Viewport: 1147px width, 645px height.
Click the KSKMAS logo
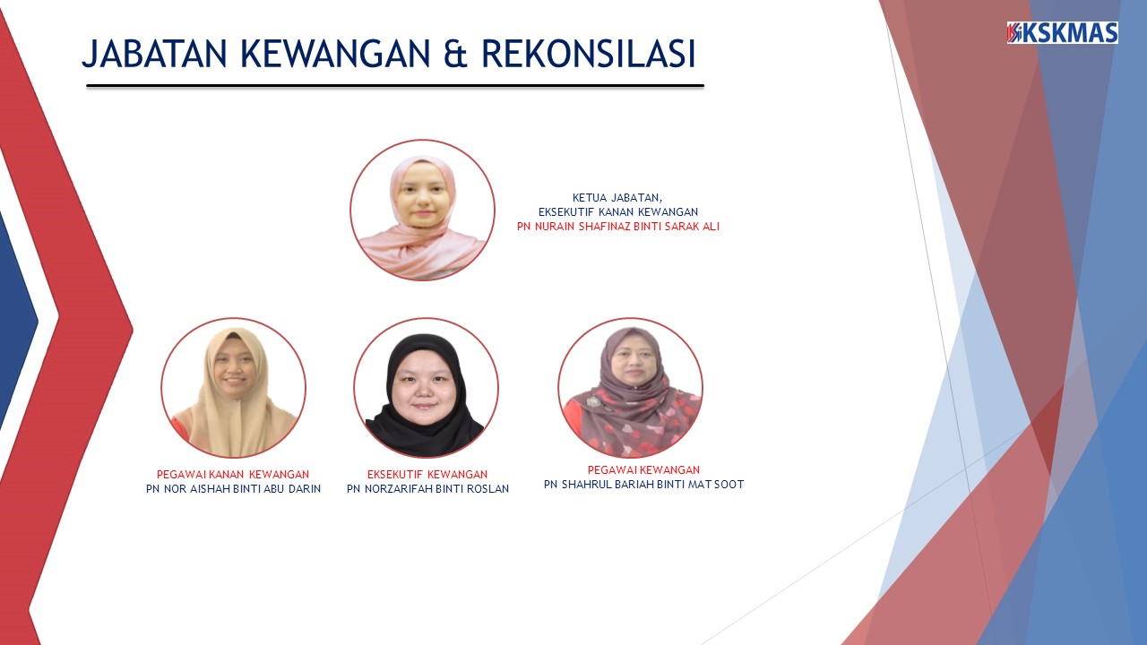point(1062,33)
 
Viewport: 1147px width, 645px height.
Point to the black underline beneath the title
point(394,86)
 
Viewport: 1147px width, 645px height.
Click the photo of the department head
point(422,211)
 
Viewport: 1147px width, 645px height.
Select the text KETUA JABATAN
point(617,197)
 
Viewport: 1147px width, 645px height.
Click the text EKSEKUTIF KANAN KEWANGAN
point(617,211)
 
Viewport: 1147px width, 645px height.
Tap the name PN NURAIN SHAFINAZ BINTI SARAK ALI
point(617,227)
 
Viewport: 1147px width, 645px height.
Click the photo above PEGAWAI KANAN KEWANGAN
point(233,388)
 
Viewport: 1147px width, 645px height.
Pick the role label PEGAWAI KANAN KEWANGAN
point(233,474)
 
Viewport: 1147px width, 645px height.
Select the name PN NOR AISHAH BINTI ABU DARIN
point(233,489)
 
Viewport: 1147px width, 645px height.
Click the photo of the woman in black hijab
point(426,388)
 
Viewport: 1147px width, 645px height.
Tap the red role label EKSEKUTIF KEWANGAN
point(427,474)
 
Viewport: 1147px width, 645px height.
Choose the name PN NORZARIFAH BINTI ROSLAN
point(427,489)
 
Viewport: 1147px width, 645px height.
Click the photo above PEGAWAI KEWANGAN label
point(630,388)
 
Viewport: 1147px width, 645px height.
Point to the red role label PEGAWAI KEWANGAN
point(643,469)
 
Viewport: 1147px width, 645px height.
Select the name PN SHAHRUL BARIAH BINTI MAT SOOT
point(643,485)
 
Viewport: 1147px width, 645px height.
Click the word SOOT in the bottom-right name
point(729,485)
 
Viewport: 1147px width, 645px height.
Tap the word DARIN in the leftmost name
point(304,489)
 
